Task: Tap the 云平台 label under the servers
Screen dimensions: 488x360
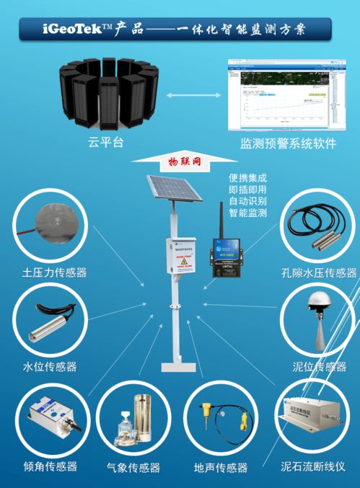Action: [x=106, y=142]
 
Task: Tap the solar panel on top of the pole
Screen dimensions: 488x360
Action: [x=172, y=192]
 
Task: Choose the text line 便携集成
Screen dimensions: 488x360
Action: [x=247, y=178]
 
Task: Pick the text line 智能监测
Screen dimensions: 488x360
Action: [x=247, y=213]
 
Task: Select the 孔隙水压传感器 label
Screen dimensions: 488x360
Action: [x=319, y=273]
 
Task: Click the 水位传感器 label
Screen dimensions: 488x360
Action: [x=50, y=367]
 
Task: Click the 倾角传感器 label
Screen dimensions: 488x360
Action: [x=51, y=466]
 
